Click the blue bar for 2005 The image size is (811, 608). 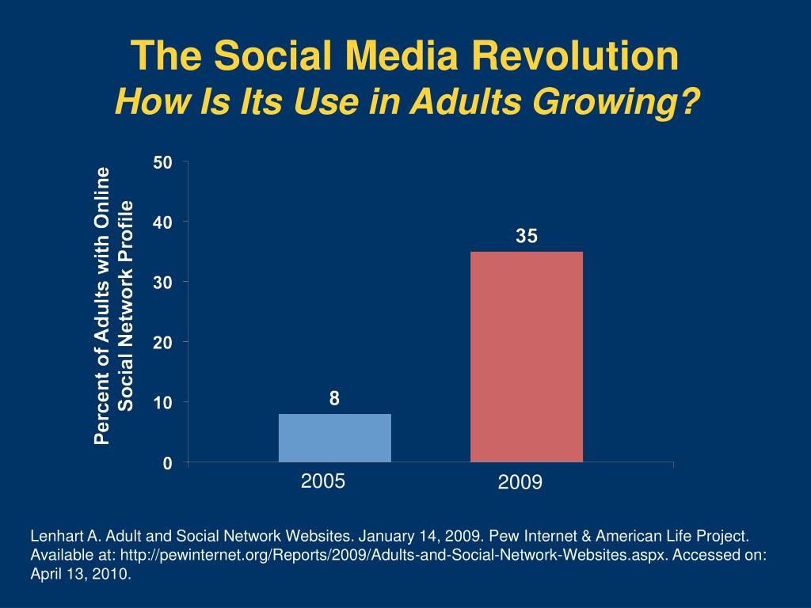coord(335,438)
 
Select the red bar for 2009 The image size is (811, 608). coord(527,356)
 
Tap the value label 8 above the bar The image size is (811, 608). coord(335,399)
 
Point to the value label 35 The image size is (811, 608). coord(527,236)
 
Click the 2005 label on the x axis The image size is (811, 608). coord(323,480)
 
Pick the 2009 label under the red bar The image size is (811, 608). coord(520,482)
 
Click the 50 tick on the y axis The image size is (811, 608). coord(163,162)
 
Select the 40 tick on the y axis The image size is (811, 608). coord(163,222)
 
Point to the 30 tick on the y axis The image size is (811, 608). coord(163,283)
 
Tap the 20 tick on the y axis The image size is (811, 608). coord(163,343)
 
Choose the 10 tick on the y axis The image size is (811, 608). coord(163,403)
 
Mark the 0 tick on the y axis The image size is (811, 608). coord(167,463)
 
